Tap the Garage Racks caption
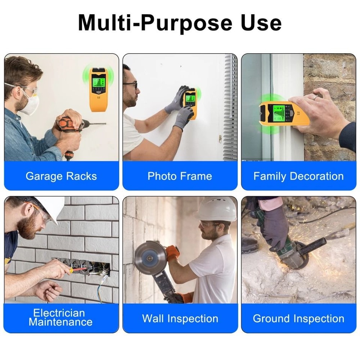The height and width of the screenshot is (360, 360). click(61, 176)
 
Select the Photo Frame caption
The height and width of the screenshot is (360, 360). click(180, 176)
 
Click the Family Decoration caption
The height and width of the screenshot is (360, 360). click(298, 176)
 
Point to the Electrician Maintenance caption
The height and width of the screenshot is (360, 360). click(61, 317)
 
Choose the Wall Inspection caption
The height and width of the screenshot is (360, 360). click(180, 319)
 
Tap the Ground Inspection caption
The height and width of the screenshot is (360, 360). click(298, 319)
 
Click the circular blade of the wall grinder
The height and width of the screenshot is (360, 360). click(150, 258)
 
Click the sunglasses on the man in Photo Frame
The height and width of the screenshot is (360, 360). click(131, 85)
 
